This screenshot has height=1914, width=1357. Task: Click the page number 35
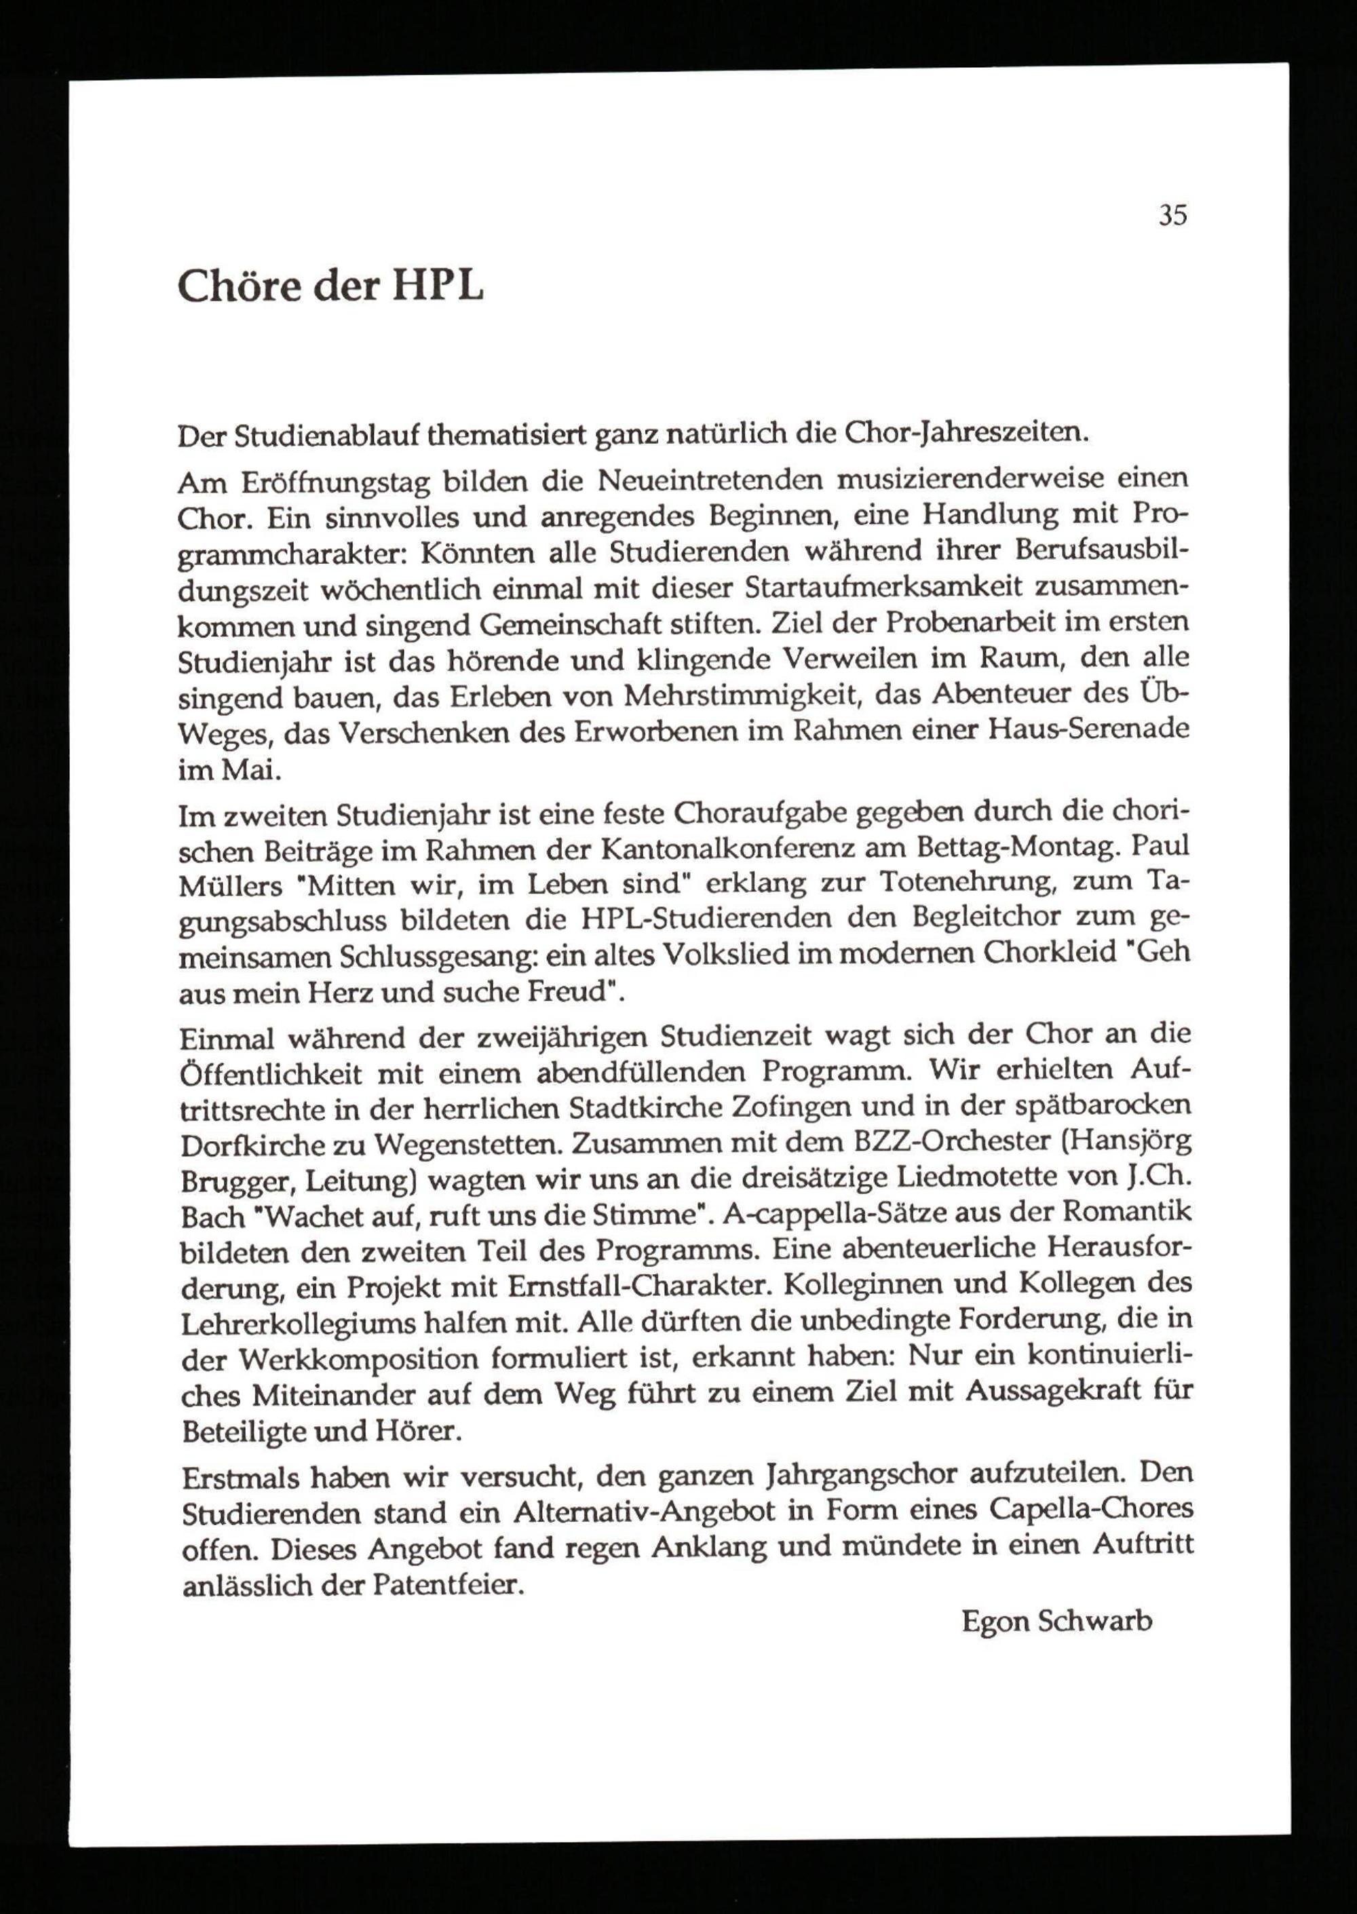pyautogui.click(x=1172, y=216)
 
